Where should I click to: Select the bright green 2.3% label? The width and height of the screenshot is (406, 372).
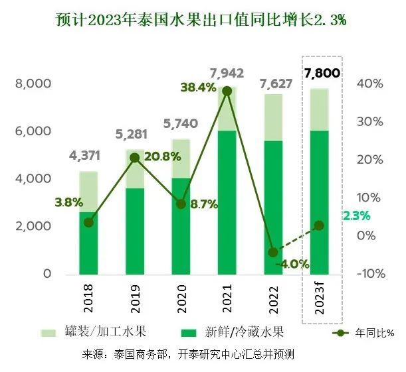[x=356, y=216]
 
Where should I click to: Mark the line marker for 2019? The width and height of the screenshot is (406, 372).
[x=135, y=158]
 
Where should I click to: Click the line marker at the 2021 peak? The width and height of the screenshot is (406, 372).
[x=227, y=91]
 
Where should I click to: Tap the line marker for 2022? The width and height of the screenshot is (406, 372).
[x=273, y=253]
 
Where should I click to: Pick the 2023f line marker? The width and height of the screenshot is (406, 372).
[x=320, y=225]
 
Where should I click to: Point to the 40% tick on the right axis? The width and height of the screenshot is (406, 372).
[x=370, y=84]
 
